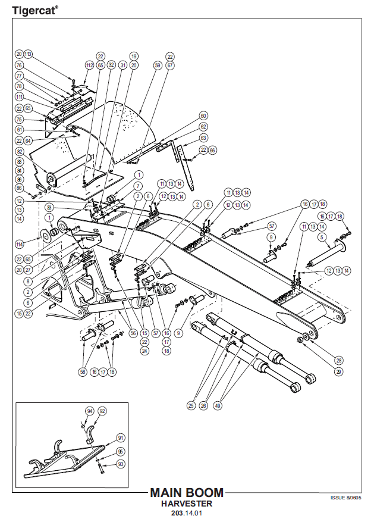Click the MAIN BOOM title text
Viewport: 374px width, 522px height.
(x=187, y=493)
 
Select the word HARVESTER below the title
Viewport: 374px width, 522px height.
(x=187, y=503)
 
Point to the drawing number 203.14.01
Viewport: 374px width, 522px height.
(x=187, y=513)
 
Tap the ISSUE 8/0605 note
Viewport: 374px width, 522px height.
(x=345, y=496)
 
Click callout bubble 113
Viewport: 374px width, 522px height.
(x=28, y=54)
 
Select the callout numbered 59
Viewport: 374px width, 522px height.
(x=158, y=65)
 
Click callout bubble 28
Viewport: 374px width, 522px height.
(x=340, y=360)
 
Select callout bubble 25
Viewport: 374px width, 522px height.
(x=191, y=405)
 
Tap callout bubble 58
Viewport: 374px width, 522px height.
(x=83, y=372)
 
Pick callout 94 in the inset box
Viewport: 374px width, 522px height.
(x=90, y=411)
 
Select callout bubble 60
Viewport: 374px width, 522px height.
(x=203, y=115)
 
